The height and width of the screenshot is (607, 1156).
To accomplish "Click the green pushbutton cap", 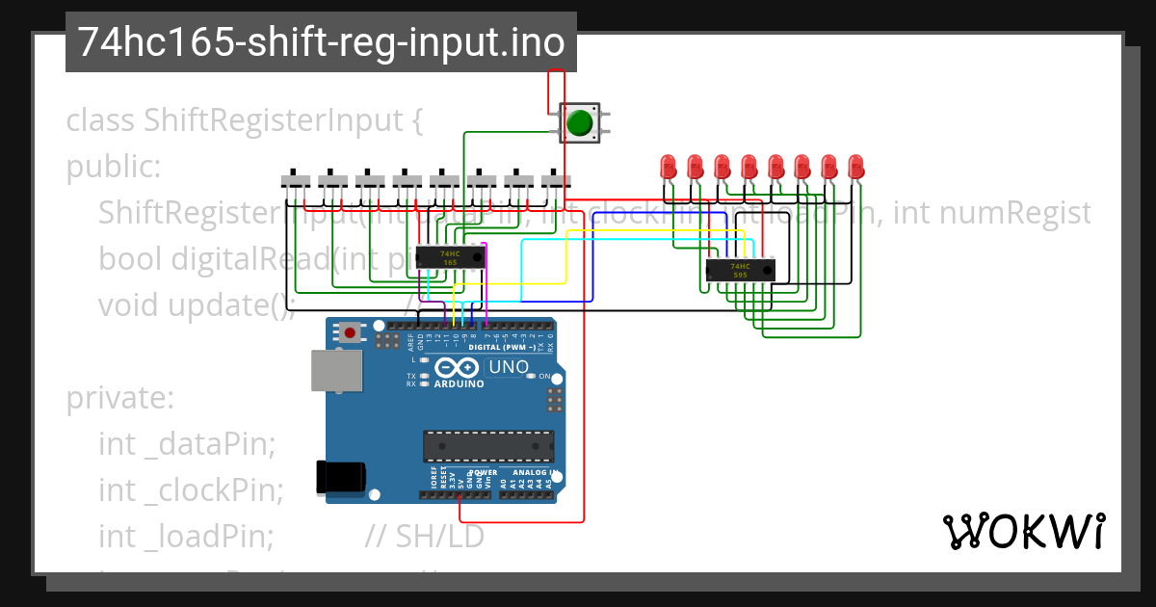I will [579, 123].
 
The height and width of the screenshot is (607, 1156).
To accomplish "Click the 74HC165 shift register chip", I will [450, 257].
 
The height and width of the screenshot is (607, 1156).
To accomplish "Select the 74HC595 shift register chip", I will [739, 271].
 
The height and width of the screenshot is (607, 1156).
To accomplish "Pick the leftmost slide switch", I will [296, 179].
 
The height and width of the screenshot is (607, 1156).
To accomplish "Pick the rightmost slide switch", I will [556, 179].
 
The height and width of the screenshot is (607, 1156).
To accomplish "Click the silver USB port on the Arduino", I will [336, 370].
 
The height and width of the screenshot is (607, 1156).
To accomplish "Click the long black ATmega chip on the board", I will [488, 446].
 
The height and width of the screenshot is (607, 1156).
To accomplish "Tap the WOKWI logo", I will [1023, 531].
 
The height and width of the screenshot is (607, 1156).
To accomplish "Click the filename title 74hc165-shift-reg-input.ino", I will [321, 42].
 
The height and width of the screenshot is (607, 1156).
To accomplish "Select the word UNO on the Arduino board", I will [509, 366].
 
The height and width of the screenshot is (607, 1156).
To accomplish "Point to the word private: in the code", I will [119, 398].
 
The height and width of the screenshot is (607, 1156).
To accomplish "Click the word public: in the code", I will [113, 167].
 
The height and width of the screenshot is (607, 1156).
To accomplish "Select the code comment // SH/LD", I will [424, 536].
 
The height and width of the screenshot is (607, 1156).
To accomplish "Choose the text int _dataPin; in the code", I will [187, 444].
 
